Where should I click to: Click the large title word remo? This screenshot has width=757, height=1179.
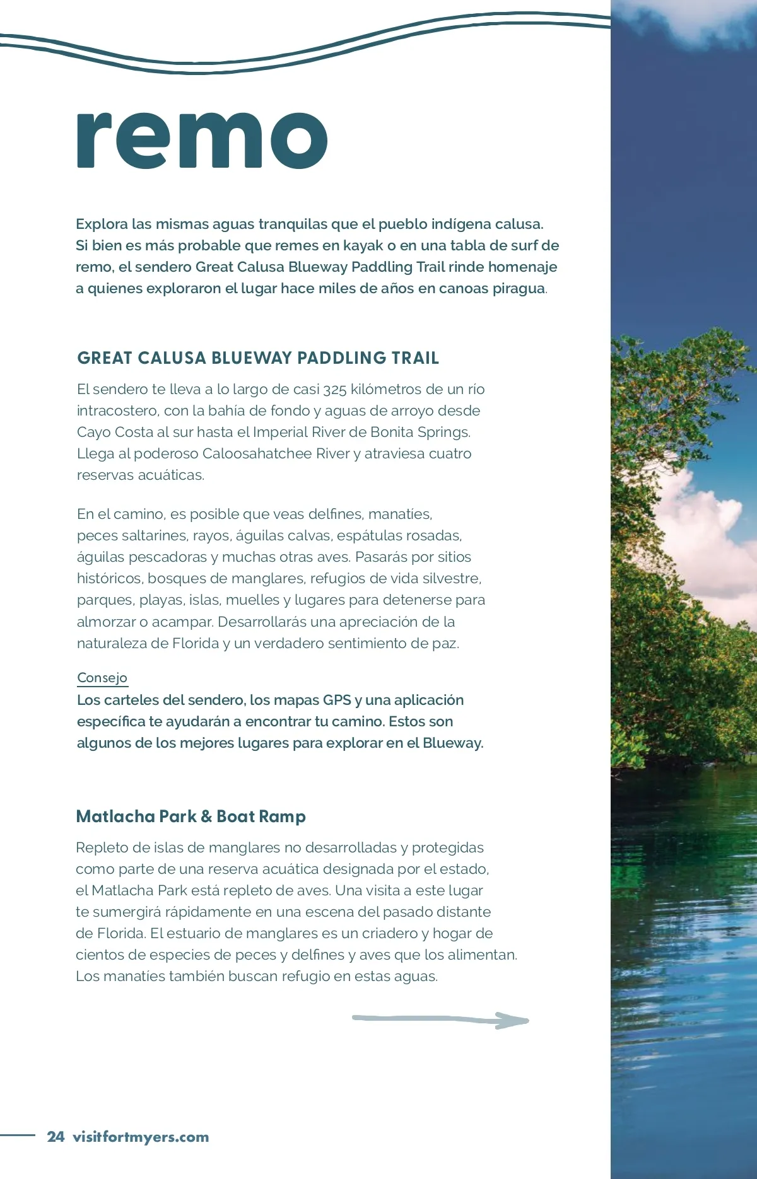(202, 140)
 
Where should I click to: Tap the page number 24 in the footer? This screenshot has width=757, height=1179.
(56, 1137)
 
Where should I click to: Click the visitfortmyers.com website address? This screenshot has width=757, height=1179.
(141, 1137)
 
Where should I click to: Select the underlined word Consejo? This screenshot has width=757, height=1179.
(102, 678)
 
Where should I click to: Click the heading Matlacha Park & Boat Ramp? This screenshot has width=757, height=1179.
(191, 816)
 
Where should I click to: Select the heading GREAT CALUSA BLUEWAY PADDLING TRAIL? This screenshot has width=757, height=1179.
(258, 358)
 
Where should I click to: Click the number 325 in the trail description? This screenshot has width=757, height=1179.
(334, 390)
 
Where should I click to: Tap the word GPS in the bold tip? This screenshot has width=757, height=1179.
(337, 700)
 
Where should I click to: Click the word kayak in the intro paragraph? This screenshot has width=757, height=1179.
(363, 245)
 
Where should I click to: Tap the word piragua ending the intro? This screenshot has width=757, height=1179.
(519, 288)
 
